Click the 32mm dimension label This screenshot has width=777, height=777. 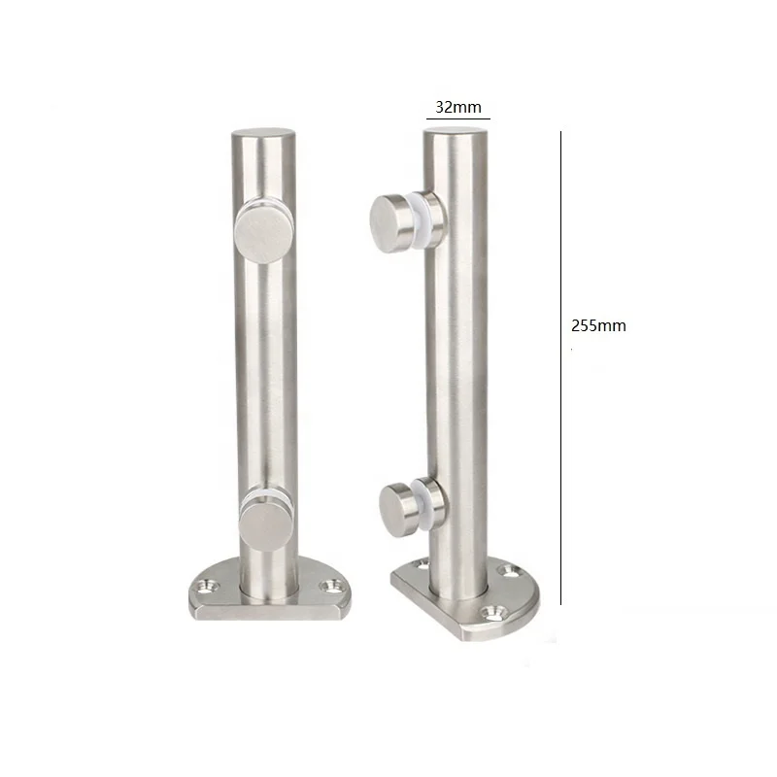pyautogui.click(x=456, y=108)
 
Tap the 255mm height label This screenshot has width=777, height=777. pyautogui.click(x=598, y=326)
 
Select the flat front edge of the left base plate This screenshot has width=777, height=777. pyautogui.click(x=267, y=612)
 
